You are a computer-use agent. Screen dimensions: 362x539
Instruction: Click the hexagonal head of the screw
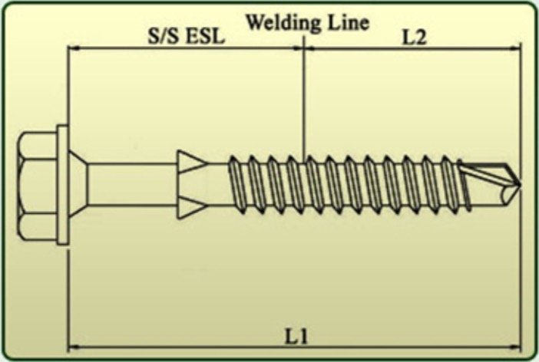37,184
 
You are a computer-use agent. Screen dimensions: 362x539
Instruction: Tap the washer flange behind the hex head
62,184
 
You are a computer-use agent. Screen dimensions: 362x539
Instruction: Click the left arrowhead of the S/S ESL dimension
74,48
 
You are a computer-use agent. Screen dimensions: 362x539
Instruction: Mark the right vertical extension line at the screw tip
521,268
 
